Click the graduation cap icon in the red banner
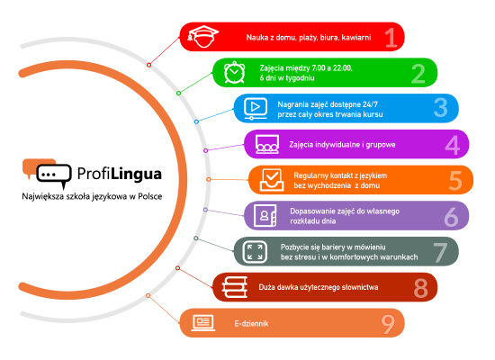202,36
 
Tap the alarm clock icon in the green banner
234,72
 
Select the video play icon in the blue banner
256,108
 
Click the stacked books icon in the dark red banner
235,287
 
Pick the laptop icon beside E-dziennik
203,323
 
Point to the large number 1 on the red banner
391,38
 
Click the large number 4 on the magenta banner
452,145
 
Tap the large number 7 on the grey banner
440,253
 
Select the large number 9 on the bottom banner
388,324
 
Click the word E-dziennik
251,323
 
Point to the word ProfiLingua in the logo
120,174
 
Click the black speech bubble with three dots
54,175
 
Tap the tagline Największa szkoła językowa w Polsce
92,196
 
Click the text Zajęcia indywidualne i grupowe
342,145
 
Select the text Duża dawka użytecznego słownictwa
319,287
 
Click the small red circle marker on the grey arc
148,65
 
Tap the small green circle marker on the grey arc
179,94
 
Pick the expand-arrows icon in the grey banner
255,252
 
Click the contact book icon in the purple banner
265,215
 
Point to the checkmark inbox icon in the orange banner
272,180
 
